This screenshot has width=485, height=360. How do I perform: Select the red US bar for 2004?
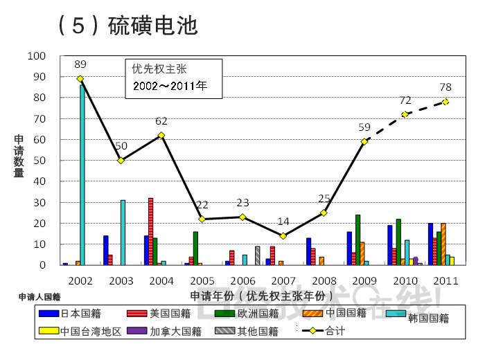coord(150,231)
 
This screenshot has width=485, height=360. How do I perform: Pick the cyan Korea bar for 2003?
coord(123,233)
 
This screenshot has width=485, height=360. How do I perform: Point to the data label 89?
coord(80,64)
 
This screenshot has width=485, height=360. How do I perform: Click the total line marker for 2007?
coord(283,236)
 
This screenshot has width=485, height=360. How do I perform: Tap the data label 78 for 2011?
coord(446,87)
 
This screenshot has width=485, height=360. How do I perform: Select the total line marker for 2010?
coord(405,114)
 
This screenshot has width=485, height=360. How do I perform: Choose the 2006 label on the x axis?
coord(242,280)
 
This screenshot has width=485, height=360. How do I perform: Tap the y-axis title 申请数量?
coord(19,156)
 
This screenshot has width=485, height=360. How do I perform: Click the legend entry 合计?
coord(335,332)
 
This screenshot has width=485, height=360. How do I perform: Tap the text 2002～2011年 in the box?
coord(170,87)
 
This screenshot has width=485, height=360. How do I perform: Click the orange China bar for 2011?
coord(443,244)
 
